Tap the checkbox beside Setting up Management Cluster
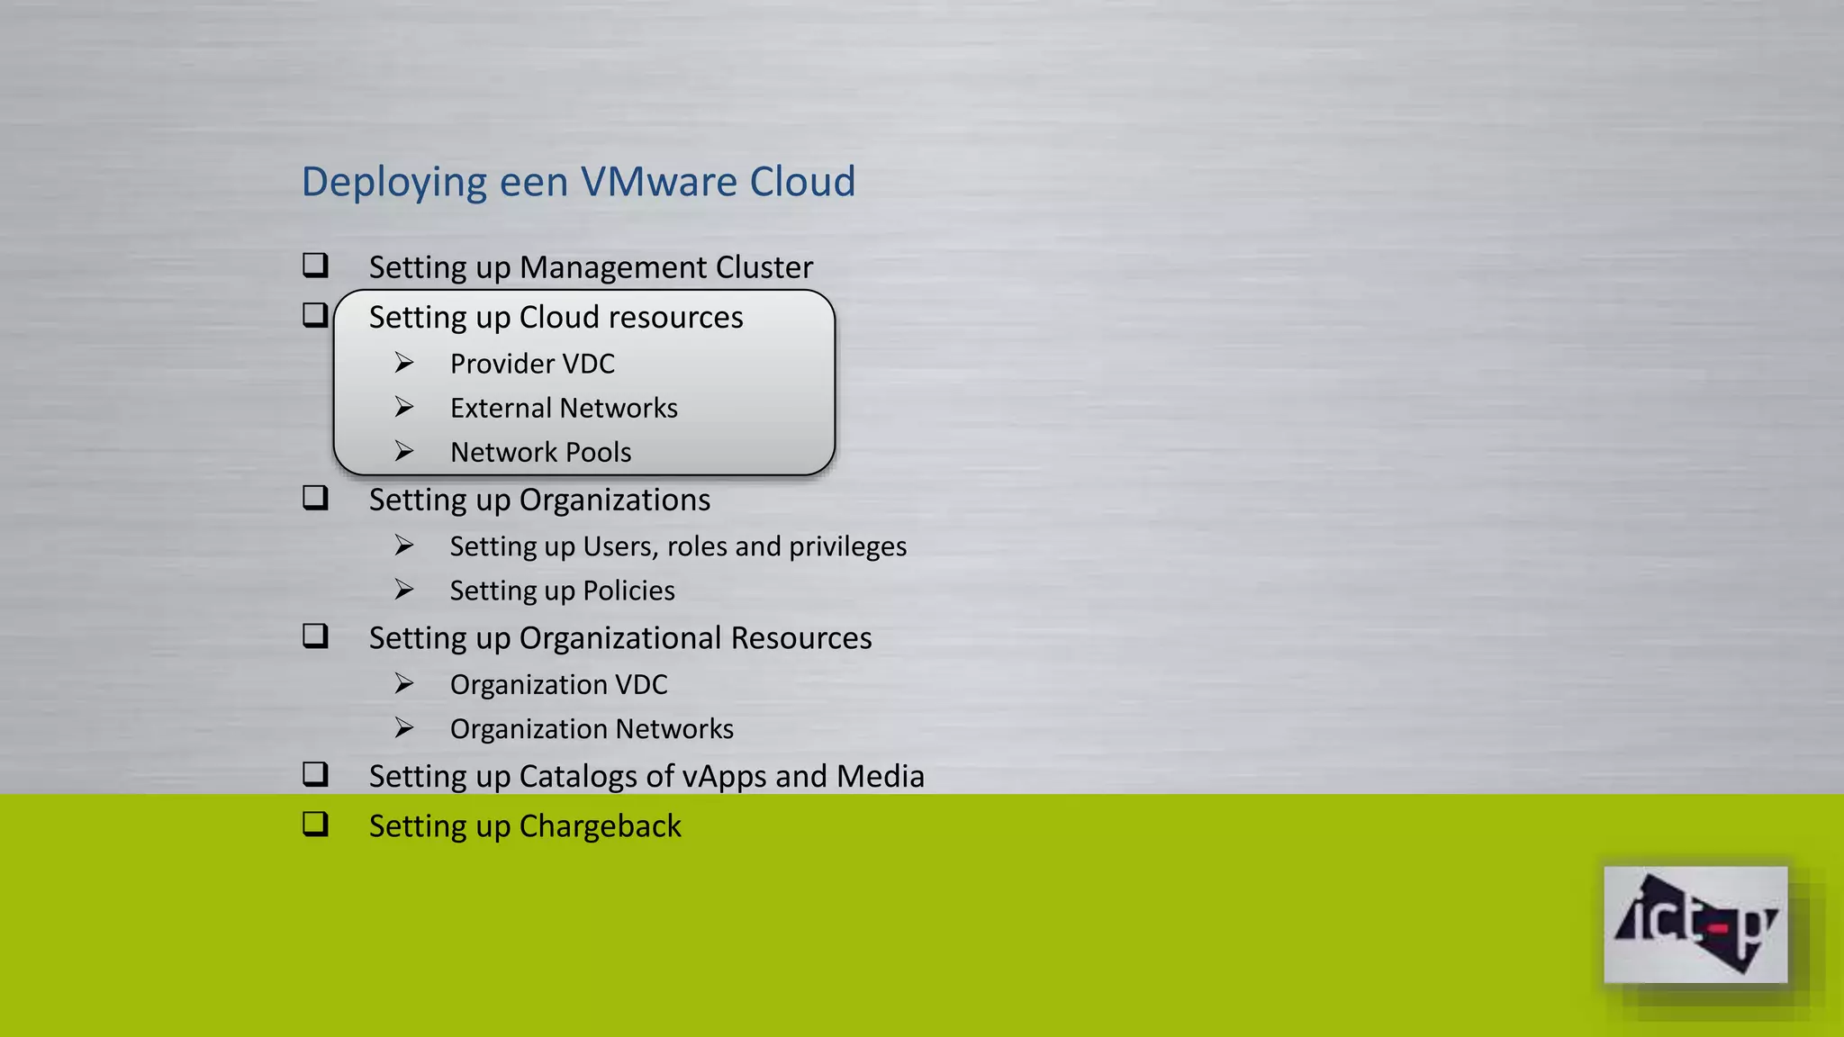coord(315,266)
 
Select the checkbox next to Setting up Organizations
coord(315,498)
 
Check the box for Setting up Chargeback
coord(315,825)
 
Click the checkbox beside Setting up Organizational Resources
coord(315,636)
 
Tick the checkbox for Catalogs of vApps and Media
coord(315,775)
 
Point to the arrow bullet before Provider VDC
coord(404,363)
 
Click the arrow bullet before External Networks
coord(404,407)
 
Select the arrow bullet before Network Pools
coord(404,451)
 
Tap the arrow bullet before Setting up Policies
coord(404,590)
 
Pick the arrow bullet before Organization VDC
coord(404,684)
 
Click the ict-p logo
coord(1695,924)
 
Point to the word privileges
coord(847,546)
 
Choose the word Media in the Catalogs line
coord(880,776)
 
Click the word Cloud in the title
coord(802,182)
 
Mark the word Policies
coord(628,591)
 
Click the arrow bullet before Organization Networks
coord(404,728)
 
